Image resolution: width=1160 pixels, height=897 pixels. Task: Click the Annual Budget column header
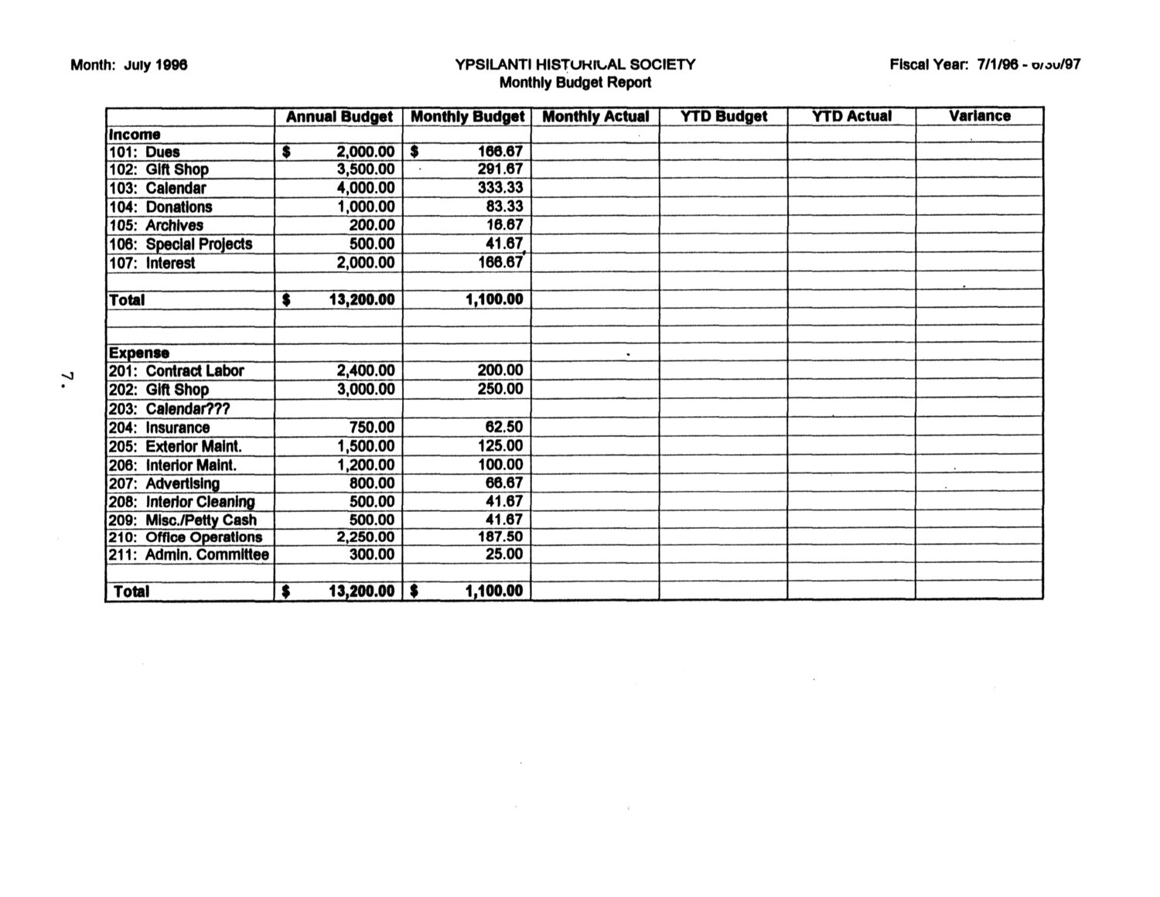click(339, 117)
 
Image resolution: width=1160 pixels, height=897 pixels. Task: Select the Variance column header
click(979, 116)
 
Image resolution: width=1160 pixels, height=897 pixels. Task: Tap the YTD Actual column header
click(851, 116)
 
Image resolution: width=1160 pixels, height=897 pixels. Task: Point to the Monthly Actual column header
click(595, 117)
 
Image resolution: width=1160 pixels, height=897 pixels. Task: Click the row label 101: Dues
click(145, 152)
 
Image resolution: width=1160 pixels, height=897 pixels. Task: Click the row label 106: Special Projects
click(181, 244)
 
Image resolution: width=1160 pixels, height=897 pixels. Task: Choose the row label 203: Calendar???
click(169, 409)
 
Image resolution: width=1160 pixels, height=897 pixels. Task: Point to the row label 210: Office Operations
click(186, 537)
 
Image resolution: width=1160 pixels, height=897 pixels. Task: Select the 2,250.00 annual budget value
click(365, 537)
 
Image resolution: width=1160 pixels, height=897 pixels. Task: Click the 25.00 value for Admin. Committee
click(503, 554)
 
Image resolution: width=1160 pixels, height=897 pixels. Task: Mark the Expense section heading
click(138, 353)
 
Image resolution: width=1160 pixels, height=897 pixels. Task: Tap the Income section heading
click(135, 135)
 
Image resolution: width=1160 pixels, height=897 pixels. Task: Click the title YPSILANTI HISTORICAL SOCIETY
click(575, 65)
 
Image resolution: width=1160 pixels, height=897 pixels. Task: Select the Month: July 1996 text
click(129, 65)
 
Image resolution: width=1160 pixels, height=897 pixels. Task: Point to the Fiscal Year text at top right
click(984, 65)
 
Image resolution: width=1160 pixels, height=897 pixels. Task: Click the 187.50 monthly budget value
click(500, 537)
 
